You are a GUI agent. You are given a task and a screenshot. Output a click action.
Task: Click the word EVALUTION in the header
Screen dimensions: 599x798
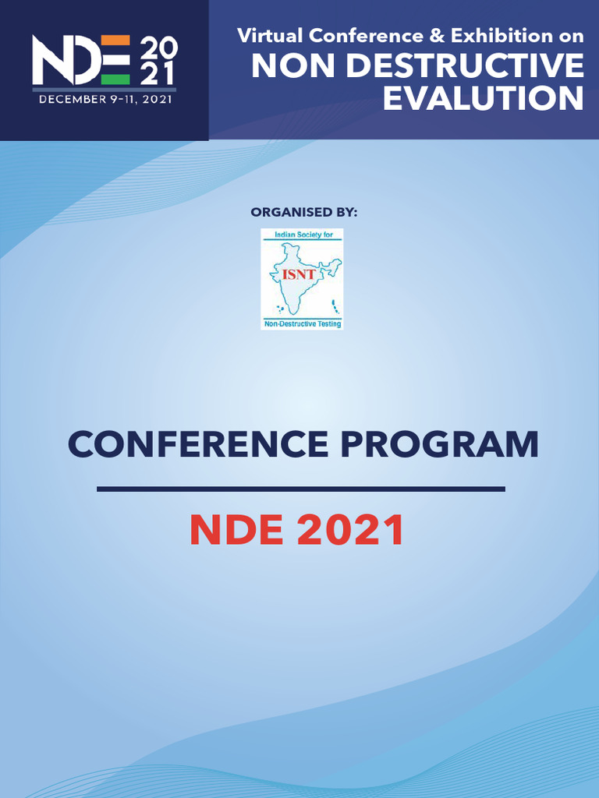coord(483,97)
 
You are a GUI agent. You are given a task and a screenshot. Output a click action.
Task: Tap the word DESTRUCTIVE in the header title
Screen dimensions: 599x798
coord(466,65)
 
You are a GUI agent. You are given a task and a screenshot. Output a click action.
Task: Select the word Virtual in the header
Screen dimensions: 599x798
coord(270,36)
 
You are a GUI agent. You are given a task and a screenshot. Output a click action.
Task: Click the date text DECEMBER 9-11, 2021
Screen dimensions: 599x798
coord(105,99)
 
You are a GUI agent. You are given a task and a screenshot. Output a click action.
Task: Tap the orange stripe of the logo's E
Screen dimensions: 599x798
coord(115,41)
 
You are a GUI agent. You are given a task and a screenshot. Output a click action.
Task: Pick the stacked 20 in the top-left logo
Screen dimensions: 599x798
coord(158,48)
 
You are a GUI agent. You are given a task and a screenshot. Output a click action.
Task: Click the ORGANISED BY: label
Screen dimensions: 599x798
coord(304,212)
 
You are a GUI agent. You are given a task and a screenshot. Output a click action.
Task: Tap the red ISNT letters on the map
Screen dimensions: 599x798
coord(299,275)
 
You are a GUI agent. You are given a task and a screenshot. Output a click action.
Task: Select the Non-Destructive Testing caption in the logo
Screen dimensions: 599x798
coord(303,323)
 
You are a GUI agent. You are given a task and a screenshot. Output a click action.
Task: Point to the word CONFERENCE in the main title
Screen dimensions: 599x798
coord(198,443)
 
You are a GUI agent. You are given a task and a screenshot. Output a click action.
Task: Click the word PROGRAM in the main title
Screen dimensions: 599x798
coord(440,443)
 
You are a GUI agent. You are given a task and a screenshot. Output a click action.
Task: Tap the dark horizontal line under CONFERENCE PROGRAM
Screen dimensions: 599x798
coord(301,489)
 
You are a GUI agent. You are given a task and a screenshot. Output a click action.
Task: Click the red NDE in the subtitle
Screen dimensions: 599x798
coord(236,530)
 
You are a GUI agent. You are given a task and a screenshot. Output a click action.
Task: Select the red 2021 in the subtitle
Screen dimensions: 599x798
coord(351,530)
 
